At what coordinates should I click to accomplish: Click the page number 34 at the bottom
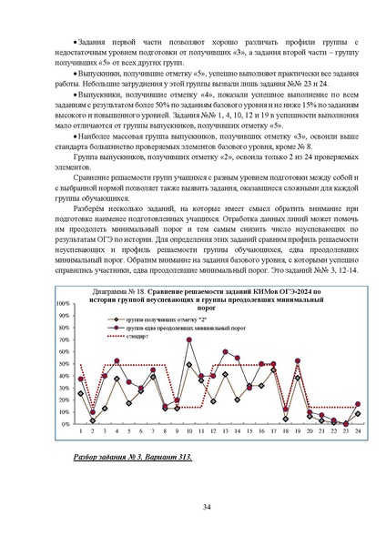click(193, 507)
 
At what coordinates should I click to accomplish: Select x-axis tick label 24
click(358, 431)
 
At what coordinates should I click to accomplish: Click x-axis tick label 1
click(81, 431)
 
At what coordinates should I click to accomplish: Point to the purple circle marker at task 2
click(93, 411)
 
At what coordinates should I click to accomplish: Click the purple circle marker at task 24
click(358, 404)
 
